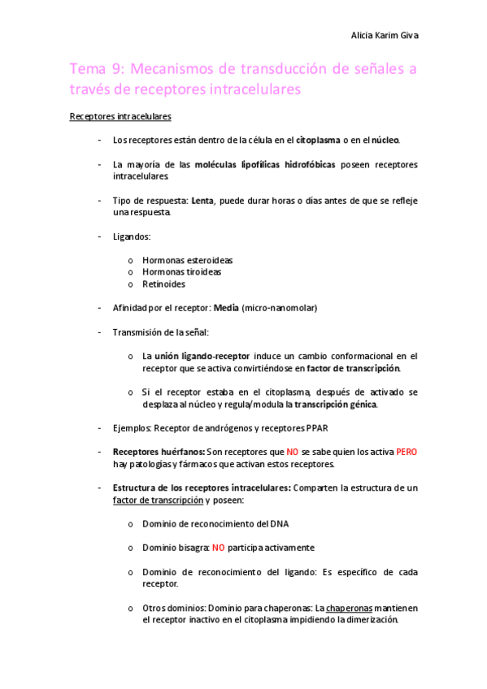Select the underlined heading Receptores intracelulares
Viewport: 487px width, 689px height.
click(x=120, y=117)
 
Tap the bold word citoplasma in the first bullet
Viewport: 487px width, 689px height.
click(x=324, y=141)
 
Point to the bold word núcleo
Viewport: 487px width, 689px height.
click(x=385, y=141)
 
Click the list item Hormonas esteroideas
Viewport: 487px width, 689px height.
click(x=188, y=260)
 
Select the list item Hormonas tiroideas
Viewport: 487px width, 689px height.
click(x=183, y=272)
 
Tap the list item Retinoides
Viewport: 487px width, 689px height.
click(x=163, y=284)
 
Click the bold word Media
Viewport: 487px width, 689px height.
click(x=227, y=308)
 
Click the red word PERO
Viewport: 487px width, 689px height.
click(x=407, y=452)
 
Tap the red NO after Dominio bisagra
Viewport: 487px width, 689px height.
click(x=218, y=548)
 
